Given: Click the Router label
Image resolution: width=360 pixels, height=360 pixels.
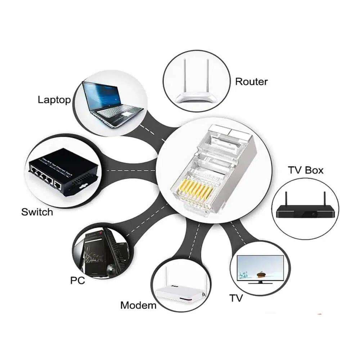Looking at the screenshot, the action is (x=251, y=82).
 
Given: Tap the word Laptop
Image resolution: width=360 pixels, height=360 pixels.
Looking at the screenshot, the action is (x=54, y=100).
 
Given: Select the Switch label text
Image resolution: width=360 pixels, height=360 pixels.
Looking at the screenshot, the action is (x=37, y=212).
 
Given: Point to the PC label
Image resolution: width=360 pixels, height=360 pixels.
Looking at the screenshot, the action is (x=77, y=280).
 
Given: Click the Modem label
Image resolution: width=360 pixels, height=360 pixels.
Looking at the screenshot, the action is (x=138, y=305).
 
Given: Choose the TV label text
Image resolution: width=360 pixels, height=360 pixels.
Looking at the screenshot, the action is (x=236, y=298).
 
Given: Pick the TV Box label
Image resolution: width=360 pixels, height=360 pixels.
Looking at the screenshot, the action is (x=306, y=170).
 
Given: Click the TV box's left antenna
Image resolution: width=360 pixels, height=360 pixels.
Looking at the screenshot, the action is (x=287, y=199).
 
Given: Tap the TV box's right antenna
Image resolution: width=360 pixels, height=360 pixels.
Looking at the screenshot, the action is (x=325, y=199).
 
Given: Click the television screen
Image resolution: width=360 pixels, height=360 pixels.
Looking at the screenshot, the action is (x=260, y=268).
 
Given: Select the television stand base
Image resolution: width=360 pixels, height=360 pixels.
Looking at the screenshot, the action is (x=260, y=283).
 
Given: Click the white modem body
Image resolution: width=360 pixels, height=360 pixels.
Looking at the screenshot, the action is (x=181, y=294).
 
